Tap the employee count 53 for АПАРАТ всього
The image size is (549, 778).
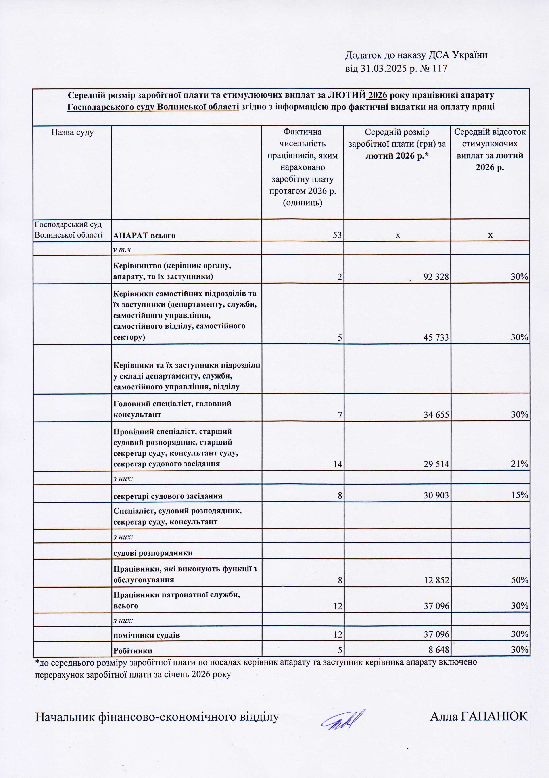[337, 235]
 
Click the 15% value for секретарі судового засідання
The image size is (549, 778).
[520, 495]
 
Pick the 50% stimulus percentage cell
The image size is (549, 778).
[520, 580]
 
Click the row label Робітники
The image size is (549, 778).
[133, 650]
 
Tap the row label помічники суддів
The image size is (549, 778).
[146, 635]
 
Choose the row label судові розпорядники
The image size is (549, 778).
[153, 553]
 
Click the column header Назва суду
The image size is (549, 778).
[73, 132]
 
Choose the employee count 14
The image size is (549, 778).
[337, 464]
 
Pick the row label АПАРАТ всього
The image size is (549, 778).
[144, 236]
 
